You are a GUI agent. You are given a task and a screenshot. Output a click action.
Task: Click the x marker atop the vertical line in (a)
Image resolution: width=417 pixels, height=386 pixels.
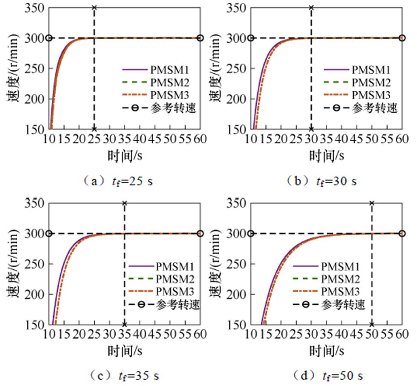(x=94, y=8)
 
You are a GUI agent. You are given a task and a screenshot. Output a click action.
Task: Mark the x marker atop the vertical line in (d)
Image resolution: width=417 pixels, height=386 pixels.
(x=372, y=203)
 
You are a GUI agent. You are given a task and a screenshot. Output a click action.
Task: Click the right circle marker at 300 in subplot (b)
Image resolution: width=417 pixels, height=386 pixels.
(x=402, y=38)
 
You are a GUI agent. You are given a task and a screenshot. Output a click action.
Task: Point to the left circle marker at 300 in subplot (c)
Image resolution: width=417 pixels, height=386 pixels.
(x=49, y=233)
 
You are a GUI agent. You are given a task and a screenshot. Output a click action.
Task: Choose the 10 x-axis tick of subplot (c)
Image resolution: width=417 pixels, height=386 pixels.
(x=49, y=334)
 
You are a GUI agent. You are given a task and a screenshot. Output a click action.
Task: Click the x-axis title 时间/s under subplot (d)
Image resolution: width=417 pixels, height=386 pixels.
(x=327, y=350)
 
